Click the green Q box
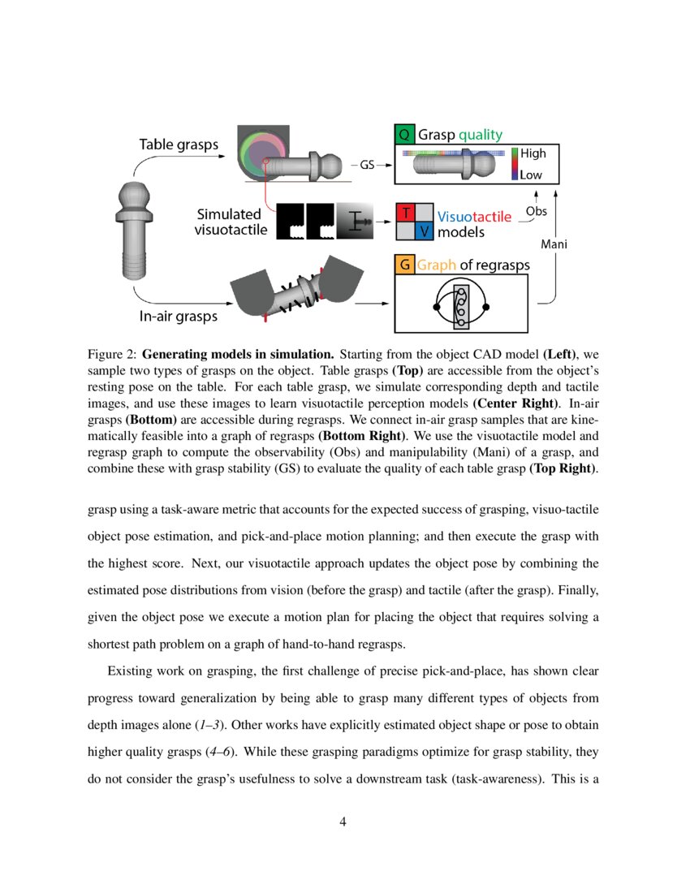(404, 135)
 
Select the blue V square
(424, 231)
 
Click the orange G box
(404, 265)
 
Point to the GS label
(367, 165)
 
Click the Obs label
(537, 211)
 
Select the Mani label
(554, 244)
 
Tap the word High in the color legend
(533, 153)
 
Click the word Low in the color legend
(532, 175)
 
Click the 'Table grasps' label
(179, 145)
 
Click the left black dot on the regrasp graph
(437, 308)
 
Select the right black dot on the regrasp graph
(485, 308)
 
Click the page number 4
(344, 823)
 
